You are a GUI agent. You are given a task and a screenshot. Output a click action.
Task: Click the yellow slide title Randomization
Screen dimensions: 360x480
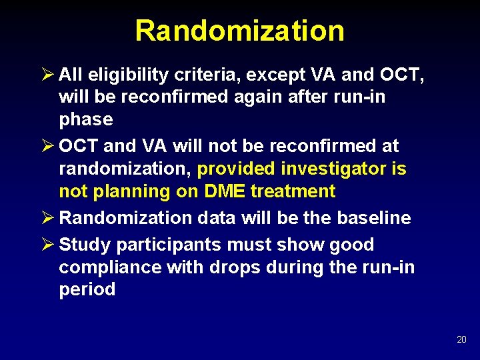click(239, 31)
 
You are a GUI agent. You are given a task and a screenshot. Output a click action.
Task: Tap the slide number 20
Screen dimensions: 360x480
click(461, 340)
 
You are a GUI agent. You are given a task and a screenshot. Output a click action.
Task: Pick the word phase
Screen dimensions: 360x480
click(86, 119)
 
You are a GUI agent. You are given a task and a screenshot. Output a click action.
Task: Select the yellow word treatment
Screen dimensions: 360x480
click(293, 191)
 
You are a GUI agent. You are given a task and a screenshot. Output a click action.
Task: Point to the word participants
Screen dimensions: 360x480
click(168, 245)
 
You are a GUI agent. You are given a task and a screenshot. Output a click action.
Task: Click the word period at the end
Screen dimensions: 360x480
click(87, 289)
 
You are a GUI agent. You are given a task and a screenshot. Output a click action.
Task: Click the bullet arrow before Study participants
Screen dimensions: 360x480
click(47, 244)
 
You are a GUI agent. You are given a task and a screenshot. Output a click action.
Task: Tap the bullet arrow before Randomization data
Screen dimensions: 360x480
click(47, 217)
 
